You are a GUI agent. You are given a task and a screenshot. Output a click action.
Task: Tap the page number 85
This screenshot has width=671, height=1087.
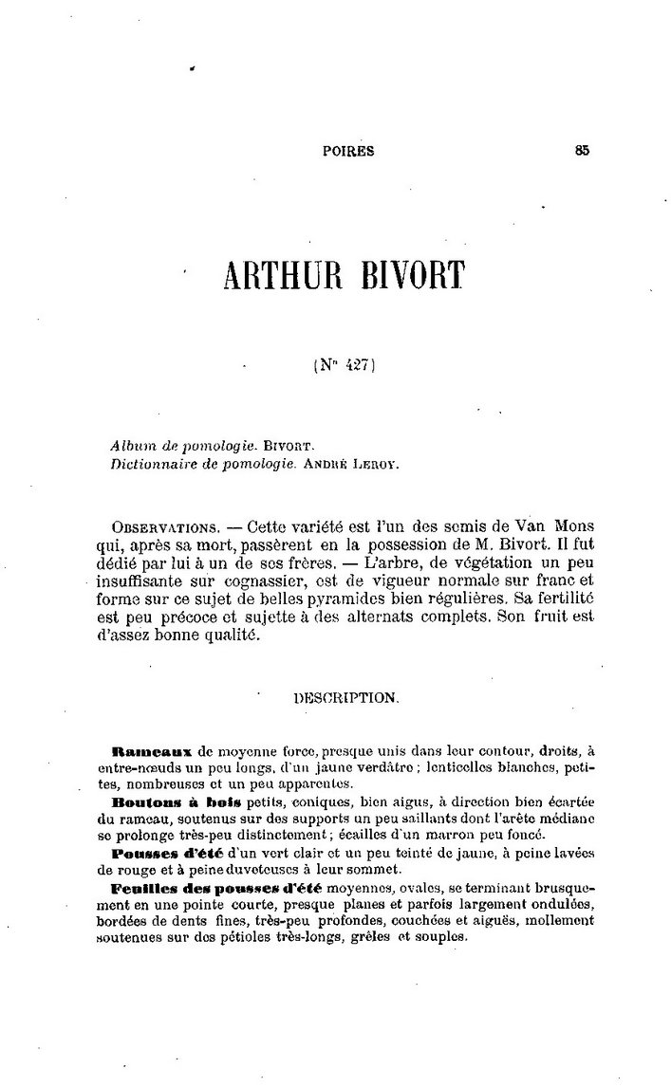[582, 149]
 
